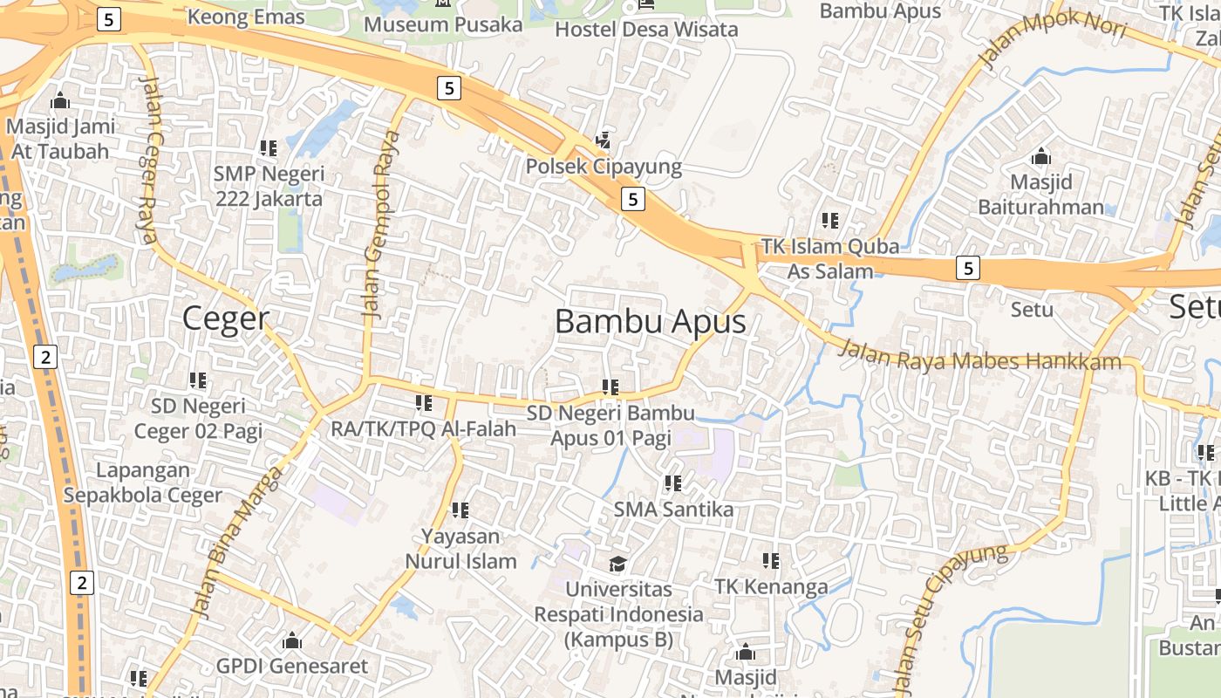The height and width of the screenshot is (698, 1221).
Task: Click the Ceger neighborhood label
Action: coord(226,318)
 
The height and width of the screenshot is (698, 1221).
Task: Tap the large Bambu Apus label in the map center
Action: coord(650,322)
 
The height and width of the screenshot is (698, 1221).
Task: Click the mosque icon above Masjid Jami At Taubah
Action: coord(60,100)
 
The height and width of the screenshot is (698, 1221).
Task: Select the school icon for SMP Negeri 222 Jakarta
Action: coord(269,148)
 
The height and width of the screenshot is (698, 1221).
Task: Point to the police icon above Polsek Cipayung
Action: coord(603,140)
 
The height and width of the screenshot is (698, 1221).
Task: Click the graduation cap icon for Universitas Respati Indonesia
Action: coord(617,564)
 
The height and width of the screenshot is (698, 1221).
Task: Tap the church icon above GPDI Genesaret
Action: coord(292,641)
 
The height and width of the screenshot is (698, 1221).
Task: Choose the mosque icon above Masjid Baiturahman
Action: coord(1040,157)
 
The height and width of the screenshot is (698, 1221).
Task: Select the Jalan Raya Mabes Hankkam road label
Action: coord(979,356)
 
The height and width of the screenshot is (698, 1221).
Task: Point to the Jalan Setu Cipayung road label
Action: coord(949,615)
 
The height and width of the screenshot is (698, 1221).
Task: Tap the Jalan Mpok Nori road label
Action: coord(1053,39)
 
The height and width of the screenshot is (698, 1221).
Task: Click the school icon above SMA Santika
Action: coord(672,482)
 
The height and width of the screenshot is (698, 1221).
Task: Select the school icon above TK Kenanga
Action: coord(771,560)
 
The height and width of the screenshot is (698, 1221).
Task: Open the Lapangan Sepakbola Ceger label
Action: coord(143,482)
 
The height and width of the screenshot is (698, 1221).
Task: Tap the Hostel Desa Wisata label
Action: coord(646,29)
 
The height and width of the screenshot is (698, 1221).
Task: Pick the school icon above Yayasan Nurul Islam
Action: coord(460,510)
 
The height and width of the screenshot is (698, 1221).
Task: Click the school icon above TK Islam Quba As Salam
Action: coord(829,221)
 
